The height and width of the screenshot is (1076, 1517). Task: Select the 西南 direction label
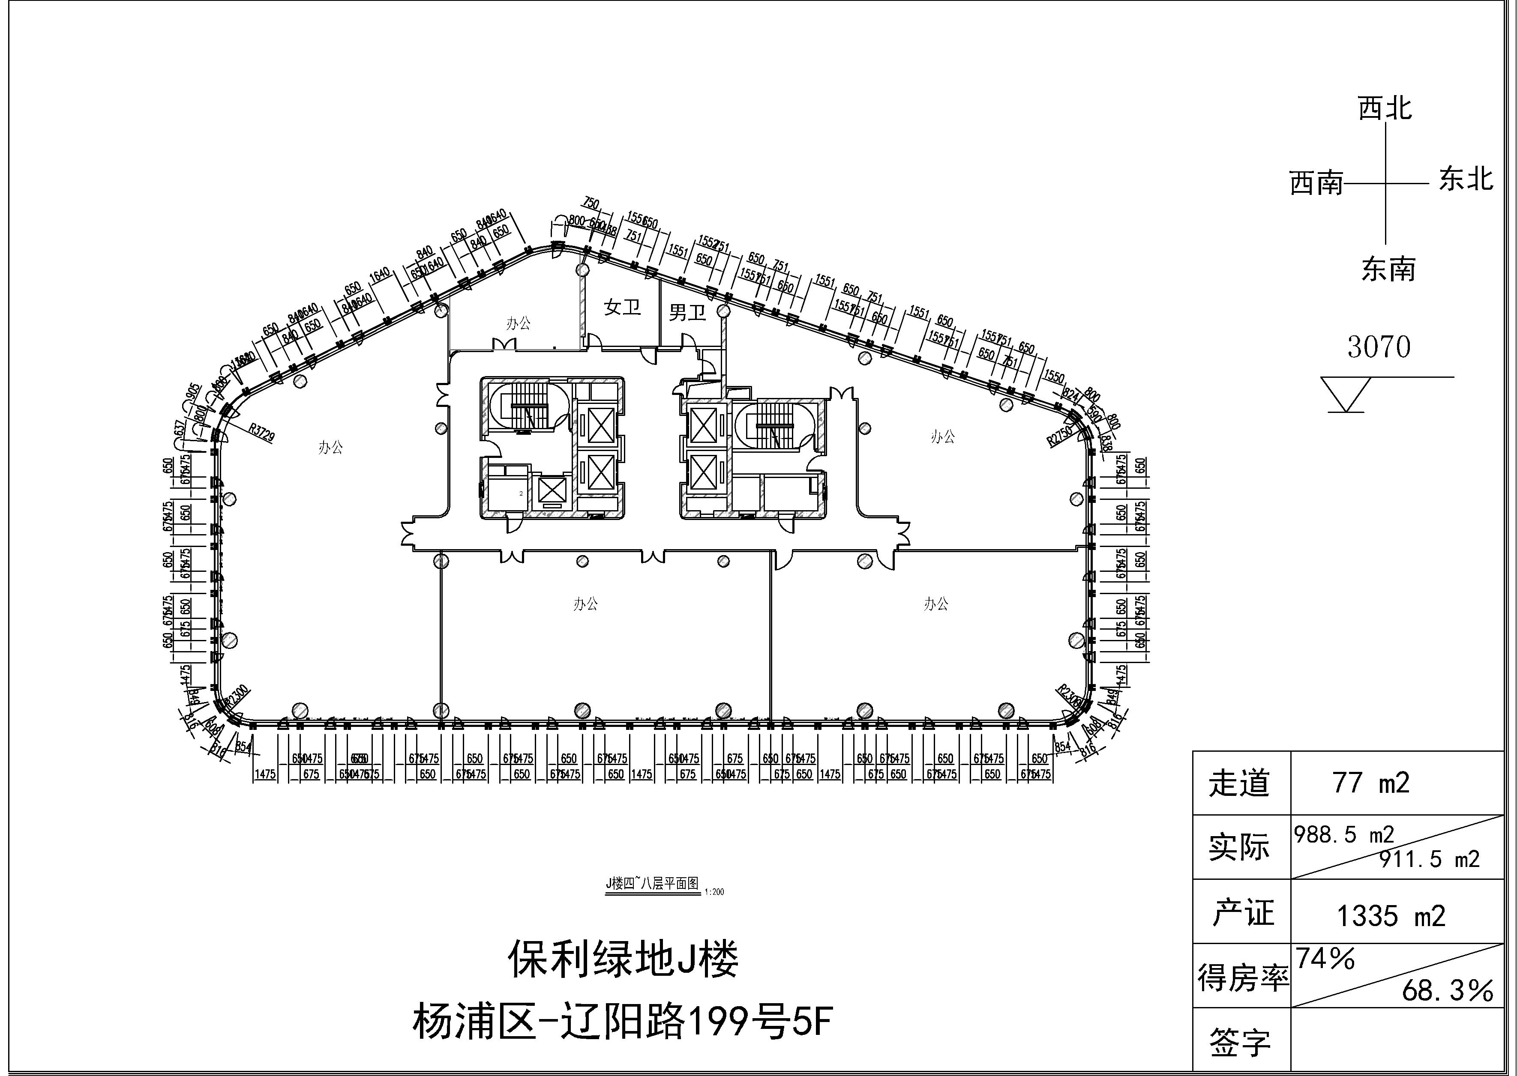[1316, 183]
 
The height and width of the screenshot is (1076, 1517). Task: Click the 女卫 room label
[622, 307]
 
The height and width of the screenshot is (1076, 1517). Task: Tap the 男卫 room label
[687, 312]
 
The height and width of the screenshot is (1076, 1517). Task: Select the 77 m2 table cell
[1370, 783]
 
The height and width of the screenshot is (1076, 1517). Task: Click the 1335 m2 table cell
[1391, 916]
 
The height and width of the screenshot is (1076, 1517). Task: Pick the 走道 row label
[1238, 783]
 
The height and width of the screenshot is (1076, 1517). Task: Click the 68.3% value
[1448, 990]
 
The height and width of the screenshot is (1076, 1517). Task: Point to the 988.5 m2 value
[1343, 834]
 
